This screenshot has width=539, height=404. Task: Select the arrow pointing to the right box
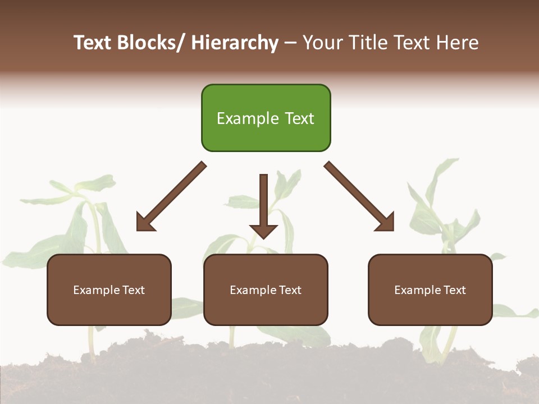click(x=359, y=196)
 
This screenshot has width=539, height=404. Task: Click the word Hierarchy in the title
click(x=235, y=43)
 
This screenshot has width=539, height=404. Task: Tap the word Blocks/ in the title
click(x=153, y=43)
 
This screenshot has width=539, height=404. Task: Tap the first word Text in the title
click(x=93, y=43)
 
